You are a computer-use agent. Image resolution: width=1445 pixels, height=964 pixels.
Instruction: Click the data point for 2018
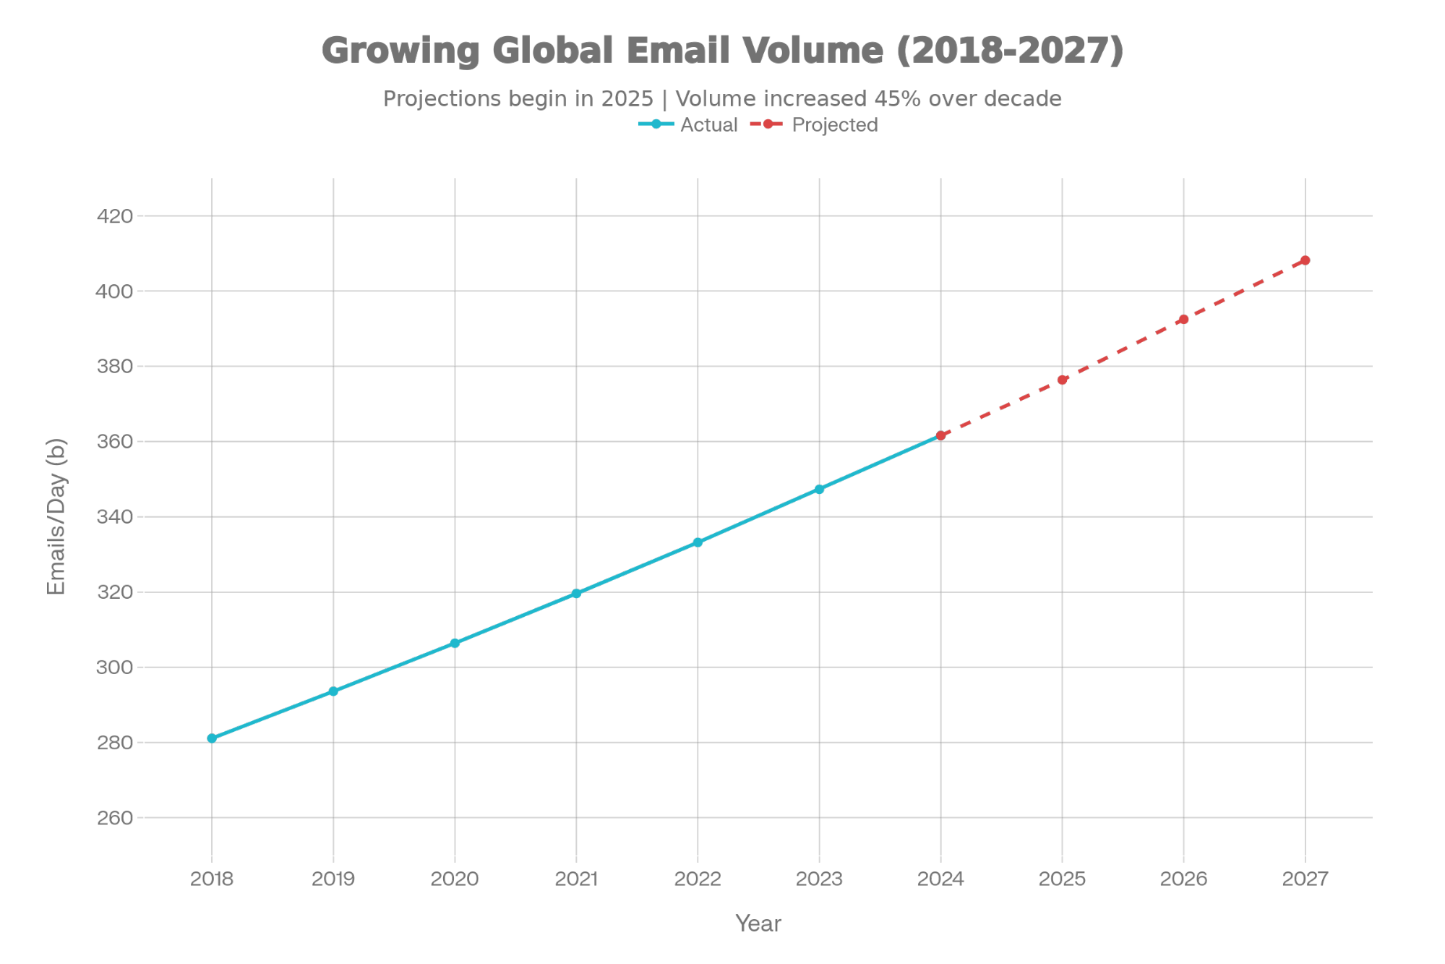(x=212, y=738)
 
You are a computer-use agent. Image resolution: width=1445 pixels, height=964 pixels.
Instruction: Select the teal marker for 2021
(x=576, y=593)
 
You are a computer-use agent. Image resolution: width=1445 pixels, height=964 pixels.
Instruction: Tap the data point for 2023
(x=819, y=490)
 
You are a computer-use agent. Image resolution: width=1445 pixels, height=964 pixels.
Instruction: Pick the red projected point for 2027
(x=1305, y=260)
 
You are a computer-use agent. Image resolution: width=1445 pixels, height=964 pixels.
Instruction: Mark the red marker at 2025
(x=1062, y=380)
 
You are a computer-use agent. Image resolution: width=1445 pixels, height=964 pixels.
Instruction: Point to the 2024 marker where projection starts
(x=940, y=435)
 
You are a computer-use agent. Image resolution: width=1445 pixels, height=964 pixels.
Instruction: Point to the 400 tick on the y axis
(x=114, y=291)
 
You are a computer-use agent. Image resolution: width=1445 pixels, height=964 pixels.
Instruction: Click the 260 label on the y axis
(x=114, y=818)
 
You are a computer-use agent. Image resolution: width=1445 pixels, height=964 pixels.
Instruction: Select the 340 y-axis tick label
(x=114, y=517)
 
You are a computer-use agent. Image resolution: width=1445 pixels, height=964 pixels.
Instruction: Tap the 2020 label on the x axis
(x=455, y=879)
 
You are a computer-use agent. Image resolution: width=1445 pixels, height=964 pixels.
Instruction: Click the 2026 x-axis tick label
(x=1183, y=879)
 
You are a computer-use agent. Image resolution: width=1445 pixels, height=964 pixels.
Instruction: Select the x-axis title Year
(x=758, y=924)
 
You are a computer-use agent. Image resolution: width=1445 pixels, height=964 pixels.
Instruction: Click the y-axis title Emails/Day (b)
(x=56, y=516)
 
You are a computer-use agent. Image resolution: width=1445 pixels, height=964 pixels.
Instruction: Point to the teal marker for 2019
(x=333, y=691)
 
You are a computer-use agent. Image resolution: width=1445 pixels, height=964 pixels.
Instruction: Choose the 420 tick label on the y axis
(x=114, y=216)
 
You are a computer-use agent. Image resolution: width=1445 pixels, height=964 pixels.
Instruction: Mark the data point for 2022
(x=698, y=542)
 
